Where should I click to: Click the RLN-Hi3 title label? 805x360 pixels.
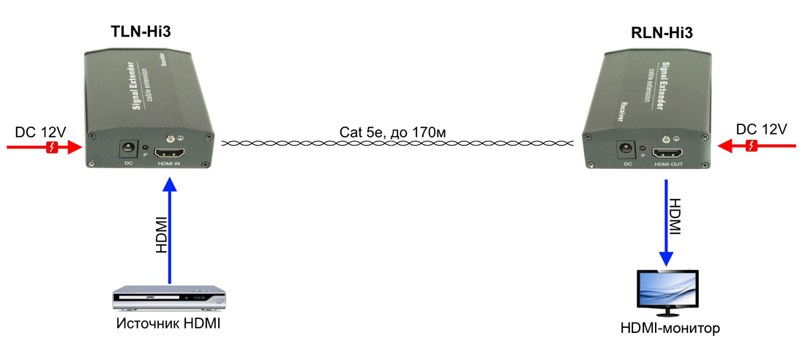pos(662,32)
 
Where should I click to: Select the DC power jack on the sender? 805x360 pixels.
pos(127,149)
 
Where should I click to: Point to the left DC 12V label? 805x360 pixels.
pos(41,132)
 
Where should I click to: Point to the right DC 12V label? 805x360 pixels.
pos(761,130)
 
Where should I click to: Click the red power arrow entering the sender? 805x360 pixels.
pos(44,147)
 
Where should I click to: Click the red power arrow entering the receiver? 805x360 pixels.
pos(757,146)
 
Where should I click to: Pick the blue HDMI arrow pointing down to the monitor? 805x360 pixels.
pos(667,223)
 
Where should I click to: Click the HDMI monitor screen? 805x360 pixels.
pos(668,290)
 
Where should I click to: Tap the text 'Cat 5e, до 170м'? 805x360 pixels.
pos(392,132)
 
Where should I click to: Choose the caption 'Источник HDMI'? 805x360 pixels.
pos(168,323)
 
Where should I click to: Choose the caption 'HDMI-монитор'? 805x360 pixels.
pos(670,328)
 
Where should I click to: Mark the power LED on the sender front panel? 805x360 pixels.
pos(145,148)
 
